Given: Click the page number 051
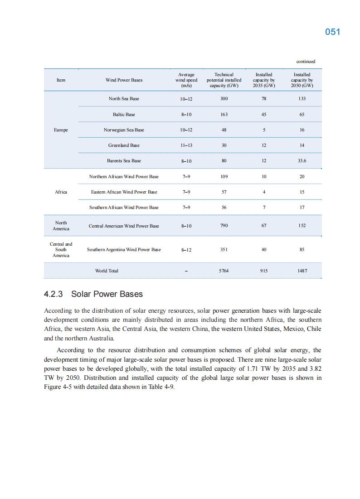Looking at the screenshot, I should pyautogui.click(x=332, y=32).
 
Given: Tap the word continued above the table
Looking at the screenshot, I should pyautogui.click(x=306, y=62).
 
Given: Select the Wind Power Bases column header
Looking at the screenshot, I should pyautogui.click(x=124, y=80).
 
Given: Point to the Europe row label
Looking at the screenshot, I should pyautogui.click(x=61, y=130).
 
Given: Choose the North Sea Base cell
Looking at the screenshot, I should pyautogui.click(x=124, y=99).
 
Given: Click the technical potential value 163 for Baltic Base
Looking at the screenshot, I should pyautogui.click(x=224, y=115).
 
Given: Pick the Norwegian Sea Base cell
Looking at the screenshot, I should pyautogui.click(x=124, y=130).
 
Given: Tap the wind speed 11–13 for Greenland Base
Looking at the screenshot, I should pyautogui.click(x=186, y=145).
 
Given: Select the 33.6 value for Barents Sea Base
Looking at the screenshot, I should pyautogui.click(x=302, y=161).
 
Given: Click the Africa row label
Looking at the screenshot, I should pyautogui.click(x=61, y=192).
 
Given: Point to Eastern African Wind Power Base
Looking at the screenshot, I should pyautogui.click(x=124, y=192).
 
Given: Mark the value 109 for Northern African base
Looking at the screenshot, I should pyautogui.click(x=224, y=177).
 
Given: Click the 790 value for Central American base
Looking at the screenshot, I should pyautogui.click(x=224, y=226).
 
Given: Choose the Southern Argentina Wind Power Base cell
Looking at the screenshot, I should pyautogui.click(x=124, y=250).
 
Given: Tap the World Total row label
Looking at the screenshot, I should pyautogui.click(x=107, y=271).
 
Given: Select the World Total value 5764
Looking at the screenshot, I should pyautogui.click(x=224, y=271).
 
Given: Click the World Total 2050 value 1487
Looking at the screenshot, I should pyautogui.click(x=302, y=271).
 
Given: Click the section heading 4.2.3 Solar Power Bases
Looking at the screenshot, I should pyautogui.click(x=93, y=294).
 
